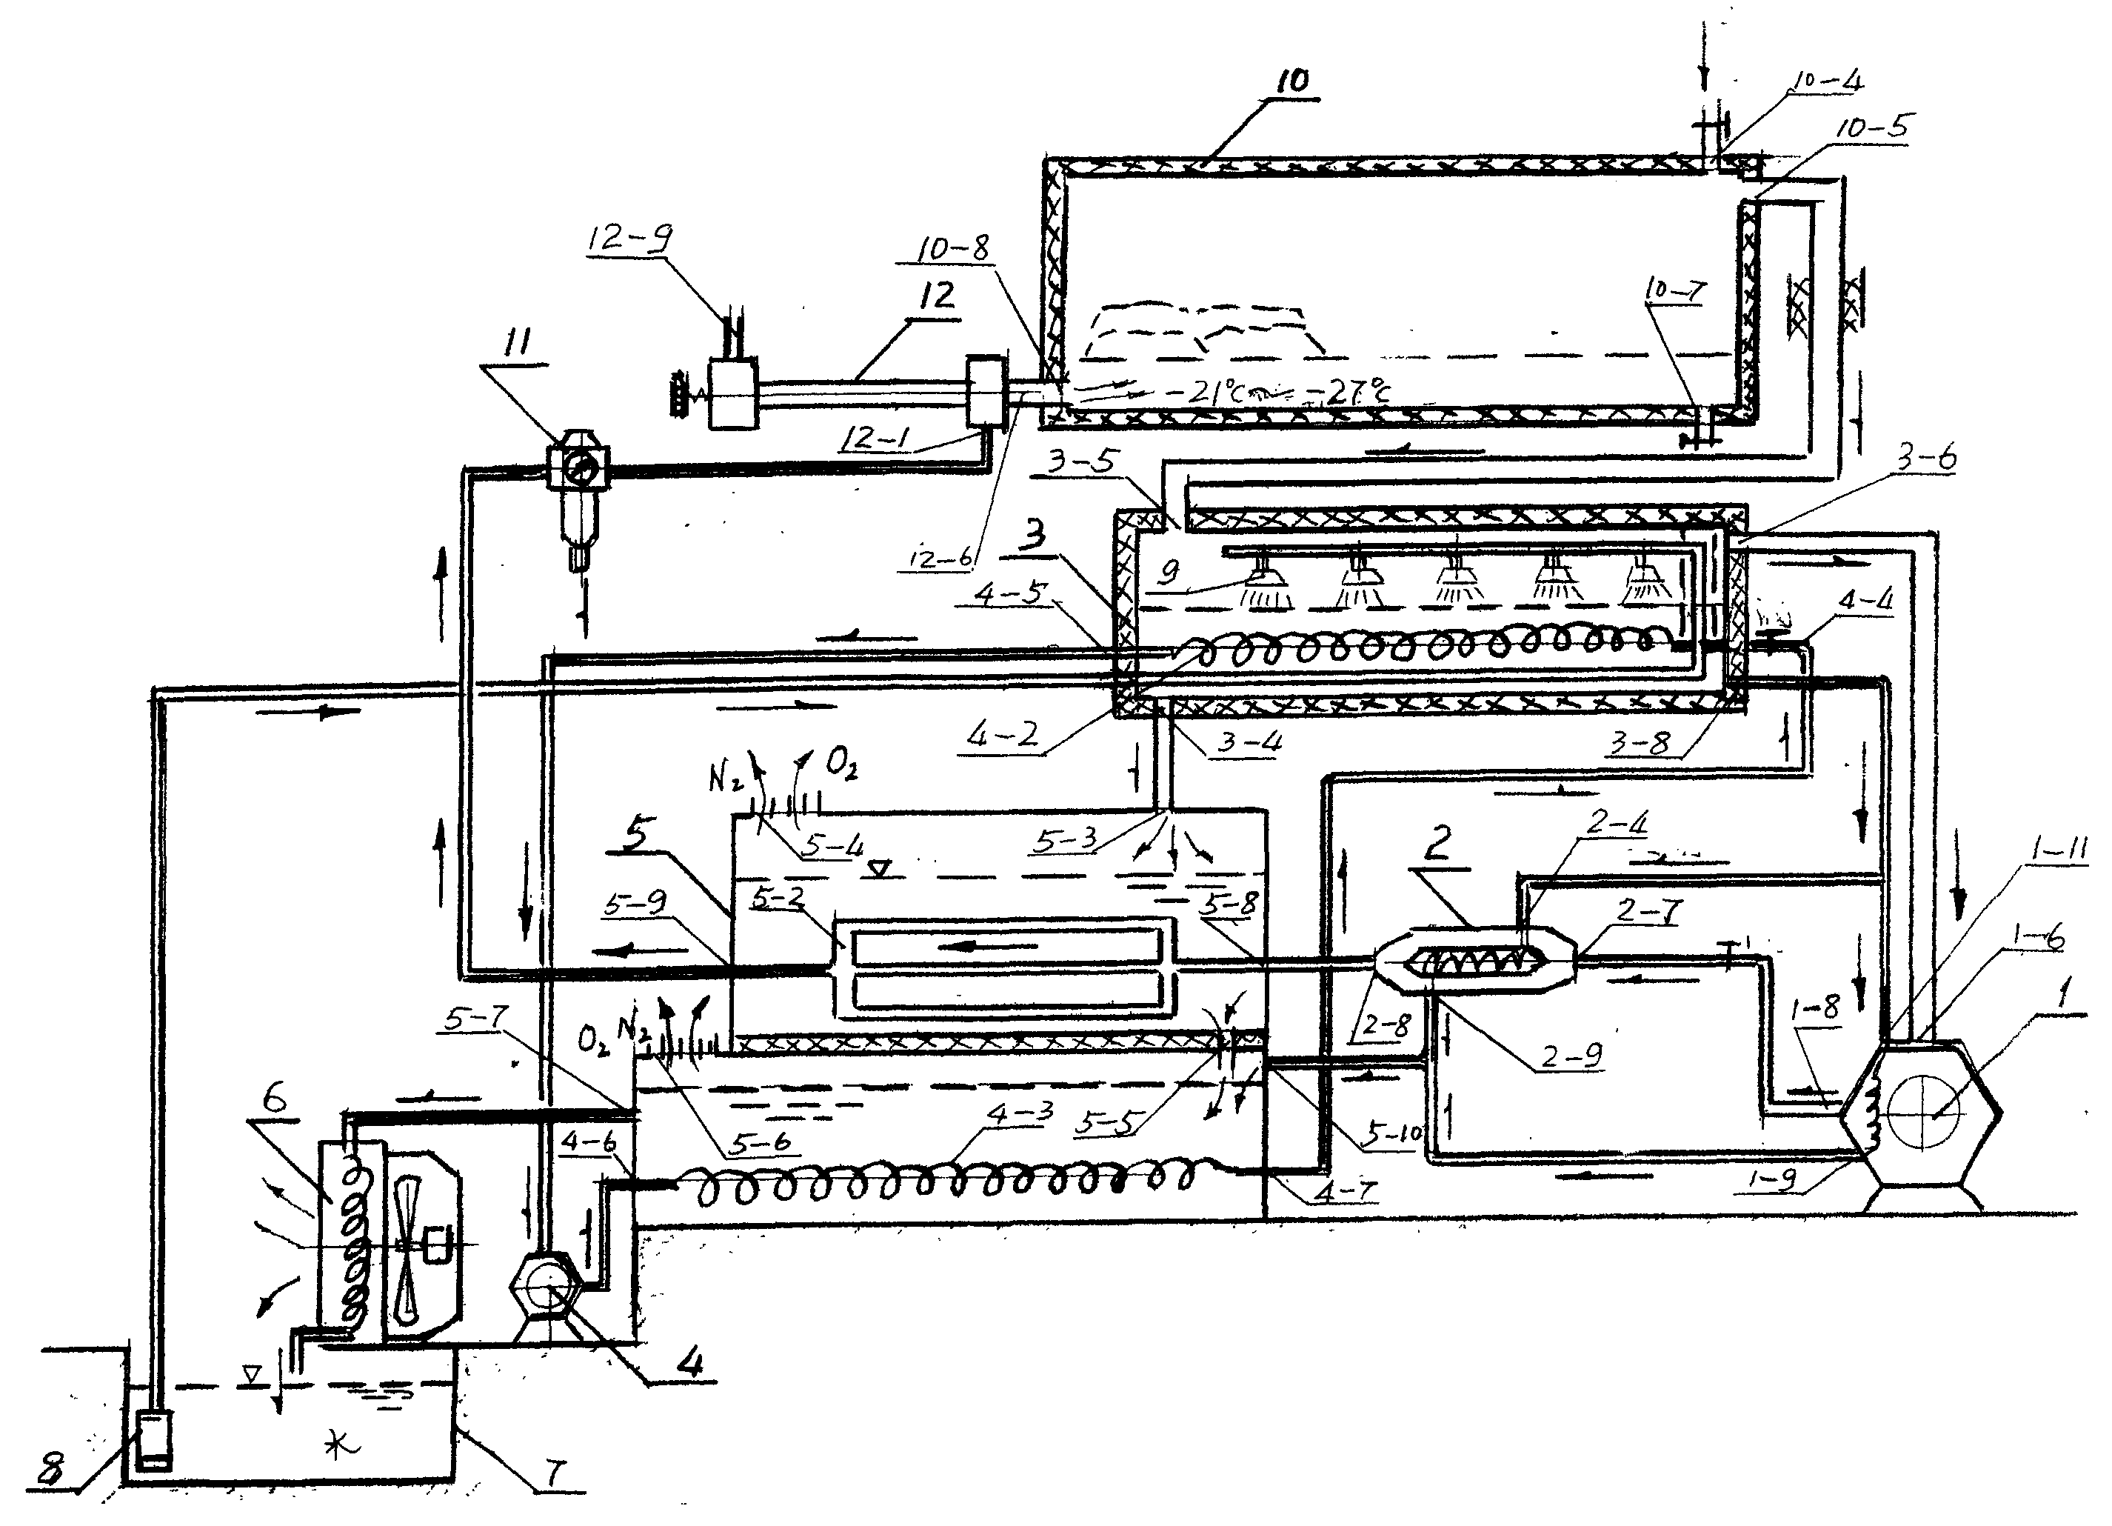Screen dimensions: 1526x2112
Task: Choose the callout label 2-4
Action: [1617, 822]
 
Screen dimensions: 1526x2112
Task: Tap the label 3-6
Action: [1930, 459]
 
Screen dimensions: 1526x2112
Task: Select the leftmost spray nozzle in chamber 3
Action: [1266, 589]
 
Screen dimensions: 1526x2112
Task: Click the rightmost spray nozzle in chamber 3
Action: [1646, 585]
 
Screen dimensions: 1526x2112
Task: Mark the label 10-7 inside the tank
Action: [1675, 292]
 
